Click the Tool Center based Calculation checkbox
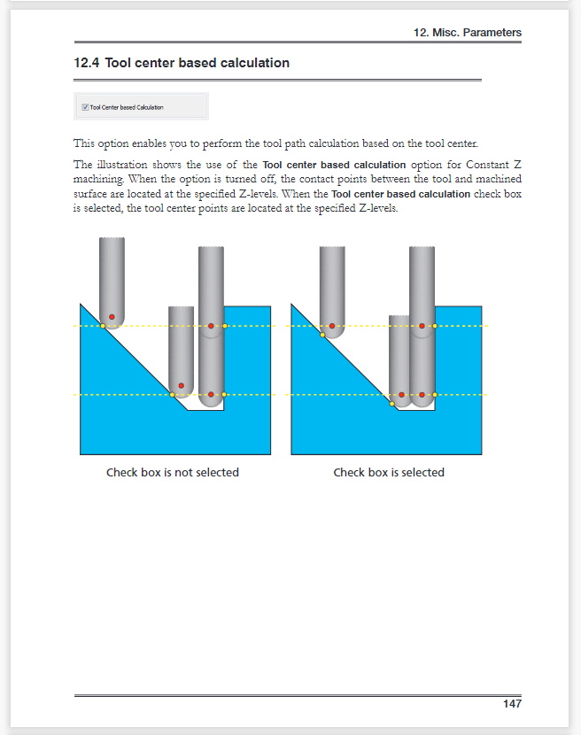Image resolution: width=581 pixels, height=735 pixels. click(x=85, y=107)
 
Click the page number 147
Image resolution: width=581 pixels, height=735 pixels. click(x=511, y=704)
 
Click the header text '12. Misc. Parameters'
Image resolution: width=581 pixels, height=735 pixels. click(x=467, y=33)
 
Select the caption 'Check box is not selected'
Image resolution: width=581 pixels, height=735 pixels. click(x=173, y=472)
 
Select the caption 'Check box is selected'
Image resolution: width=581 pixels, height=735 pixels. click(x=389, y=472)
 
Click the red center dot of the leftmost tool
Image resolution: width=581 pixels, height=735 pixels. click(x=112, y=317)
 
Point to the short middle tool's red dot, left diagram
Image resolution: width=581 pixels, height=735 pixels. click(x=181, y=385)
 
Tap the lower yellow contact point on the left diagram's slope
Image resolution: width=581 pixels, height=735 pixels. click(x=172, y=394)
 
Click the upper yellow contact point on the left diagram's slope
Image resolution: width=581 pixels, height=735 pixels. click(x=103, y=326)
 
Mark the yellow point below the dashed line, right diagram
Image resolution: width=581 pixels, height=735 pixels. click(x=392, y=404)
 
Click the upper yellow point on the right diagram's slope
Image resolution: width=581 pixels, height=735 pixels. click(x=322, y=335)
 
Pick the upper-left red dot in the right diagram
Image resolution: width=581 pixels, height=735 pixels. click(x=332, y=326)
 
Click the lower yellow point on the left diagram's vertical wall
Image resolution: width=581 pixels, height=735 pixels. click(x=224, y=394)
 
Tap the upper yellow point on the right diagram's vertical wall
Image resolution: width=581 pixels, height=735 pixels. click(x=435, y=326)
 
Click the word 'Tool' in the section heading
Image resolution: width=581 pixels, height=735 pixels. click(x=120, y=63)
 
